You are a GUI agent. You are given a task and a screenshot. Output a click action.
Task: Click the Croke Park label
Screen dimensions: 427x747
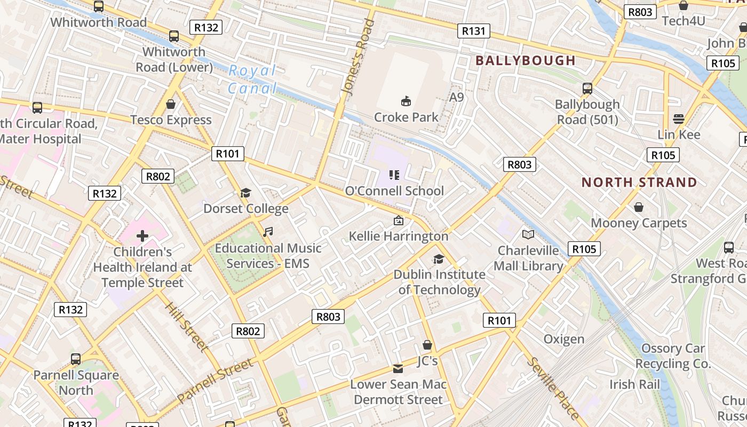point(406,117)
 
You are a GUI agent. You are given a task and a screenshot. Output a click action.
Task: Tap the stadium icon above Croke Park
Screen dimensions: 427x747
point(406,101)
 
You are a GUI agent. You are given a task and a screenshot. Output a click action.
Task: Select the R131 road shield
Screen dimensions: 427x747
point(473,31)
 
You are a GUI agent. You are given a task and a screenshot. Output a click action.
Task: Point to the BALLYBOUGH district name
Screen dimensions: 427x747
point(526,60)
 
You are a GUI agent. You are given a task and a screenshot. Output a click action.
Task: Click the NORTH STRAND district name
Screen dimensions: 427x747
point(639,182)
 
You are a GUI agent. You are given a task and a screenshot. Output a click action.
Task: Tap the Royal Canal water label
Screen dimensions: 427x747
point(252,80)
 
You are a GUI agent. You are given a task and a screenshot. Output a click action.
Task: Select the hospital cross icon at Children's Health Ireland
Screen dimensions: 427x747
point(142,235)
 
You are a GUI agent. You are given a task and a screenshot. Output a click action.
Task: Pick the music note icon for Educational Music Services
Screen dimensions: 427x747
point(268,232)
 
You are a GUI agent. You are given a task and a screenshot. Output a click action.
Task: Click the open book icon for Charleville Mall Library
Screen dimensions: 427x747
point(528,234)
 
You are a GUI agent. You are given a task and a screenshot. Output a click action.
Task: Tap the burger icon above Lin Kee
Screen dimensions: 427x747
point(679,118)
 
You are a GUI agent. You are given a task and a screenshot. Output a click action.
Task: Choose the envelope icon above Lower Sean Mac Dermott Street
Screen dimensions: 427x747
point(398,368)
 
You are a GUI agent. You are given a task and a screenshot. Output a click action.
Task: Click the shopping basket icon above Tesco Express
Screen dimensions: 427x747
point(171,104)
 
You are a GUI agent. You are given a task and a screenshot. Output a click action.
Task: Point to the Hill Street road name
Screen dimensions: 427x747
point(186,327)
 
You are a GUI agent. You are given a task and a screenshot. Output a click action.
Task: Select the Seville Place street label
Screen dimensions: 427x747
point(552,388)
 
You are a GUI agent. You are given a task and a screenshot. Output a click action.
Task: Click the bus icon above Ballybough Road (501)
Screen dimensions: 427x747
point(587,88)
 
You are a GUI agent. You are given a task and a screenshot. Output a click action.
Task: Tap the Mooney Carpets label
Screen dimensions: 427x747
point(639,223)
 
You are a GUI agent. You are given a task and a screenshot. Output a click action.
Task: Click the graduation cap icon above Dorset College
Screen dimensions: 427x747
point(245,193)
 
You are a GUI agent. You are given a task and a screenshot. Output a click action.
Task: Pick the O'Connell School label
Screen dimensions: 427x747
point(394,191)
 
